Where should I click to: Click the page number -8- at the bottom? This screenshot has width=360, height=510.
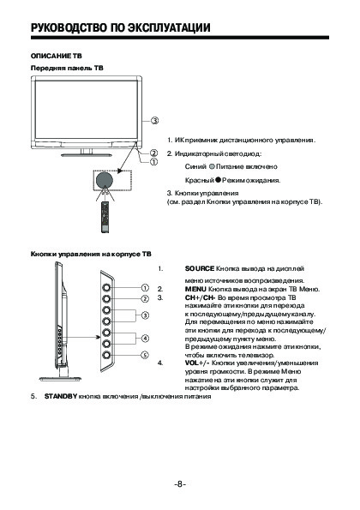(x=180, y=484)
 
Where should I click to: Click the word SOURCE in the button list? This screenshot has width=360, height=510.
(x=200, y=268)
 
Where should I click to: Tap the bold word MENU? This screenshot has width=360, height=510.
(x=195, y=289)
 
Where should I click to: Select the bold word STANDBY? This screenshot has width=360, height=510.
(x=61, y=397)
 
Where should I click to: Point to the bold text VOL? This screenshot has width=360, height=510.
(x=191, y=363)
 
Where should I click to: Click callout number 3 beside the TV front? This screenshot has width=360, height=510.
(x=155, y=121)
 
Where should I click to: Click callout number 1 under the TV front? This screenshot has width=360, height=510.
(x=153, y=162)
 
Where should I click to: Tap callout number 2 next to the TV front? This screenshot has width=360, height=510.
(x=153, y=153)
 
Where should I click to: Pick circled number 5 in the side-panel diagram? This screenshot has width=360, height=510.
(x=145, y=355)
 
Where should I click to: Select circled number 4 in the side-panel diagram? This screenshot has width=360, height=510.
(x=145, y=339)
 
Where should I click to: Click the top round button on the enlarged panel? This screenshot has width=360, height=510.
(x=106, y=287)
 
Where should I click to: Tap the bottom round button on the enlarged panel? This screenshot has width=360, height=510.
(x=106, y=355)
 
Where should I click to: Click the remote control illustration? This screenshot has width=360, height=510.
(x=105, y=217)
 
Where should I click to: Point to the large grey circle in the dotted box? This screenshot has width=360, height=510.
(x=104, y=179)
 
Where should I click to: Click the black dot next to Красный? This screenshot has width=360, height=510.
(x=218, y=179)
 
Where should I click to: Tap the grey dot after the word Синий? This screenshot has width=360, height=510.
(x=212, y=167)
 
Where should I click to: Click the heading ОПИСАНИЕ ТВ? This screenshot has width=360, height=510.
(x=57, y=56)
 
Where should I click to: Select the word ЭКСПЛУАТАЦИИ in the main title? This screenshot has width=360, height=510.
(x=169, y=27)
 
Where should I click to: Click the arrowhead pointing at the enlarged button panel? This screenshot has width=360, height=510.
(x=97, y=338)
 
